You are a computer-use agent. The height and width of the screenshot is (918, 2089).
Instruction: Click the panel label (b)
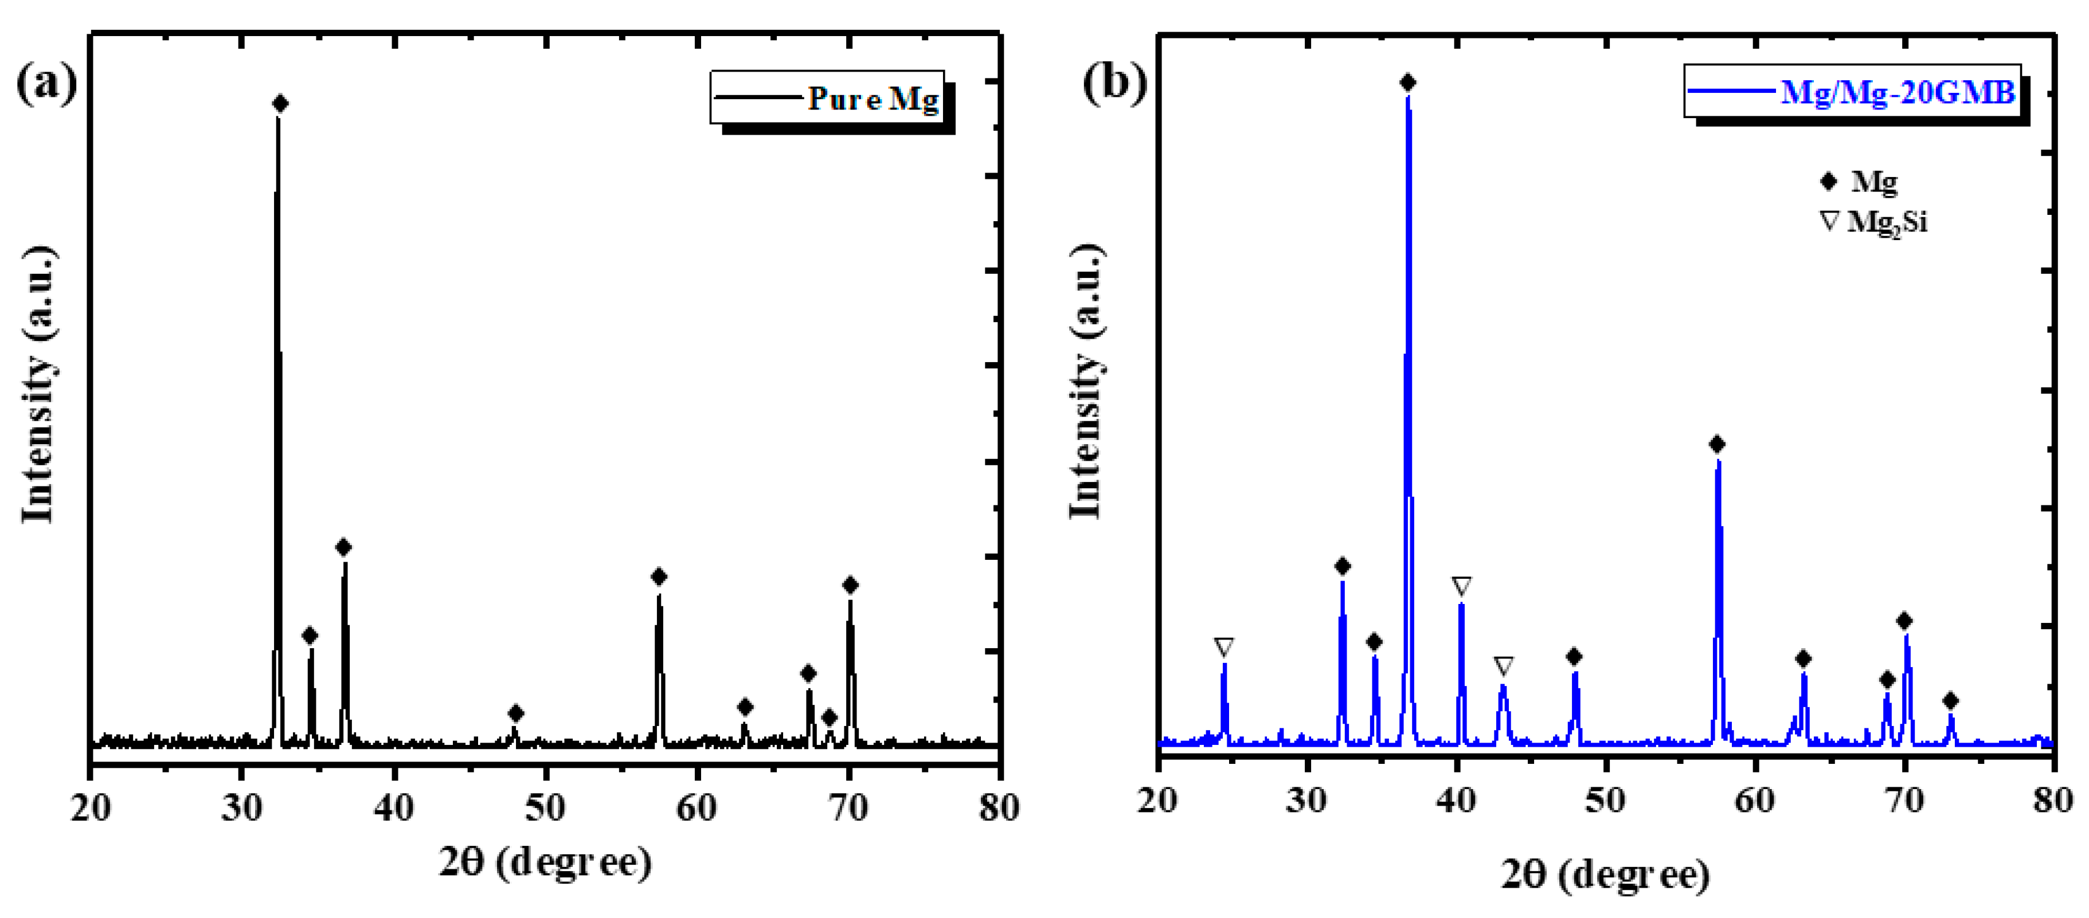coord(1114,82)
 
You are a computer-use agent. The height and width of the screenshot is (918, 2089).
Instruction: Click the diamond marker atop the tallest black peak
coord(280,104)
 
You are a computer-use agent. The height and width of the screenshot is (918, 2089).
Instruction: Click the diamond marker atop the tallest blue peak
coord(1408,83)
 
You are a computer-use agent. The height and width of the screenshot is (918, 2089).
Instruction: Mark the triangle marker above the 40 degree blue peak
coord(1461,586)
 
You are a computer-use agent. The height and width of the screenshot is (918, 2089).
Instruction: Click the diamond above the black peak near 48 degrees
coord(516,713)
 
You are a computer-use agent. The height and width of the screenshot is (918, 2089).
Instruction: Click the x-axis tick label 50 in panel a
coord(545,808)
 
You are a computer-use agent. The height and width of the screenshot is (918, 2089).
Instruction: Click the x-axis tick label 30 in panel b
coord(1306,801)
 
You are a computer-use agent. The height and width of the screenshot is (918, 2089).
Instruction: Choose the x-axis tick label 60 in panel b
coord(1754,801)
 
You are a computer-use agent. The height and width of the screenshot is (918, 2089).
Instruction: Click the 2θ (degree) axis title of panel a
coord(545,861)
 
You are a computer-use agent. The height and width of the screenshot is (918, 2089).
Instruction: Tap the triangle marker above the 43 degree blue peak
coord(1504,666)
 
